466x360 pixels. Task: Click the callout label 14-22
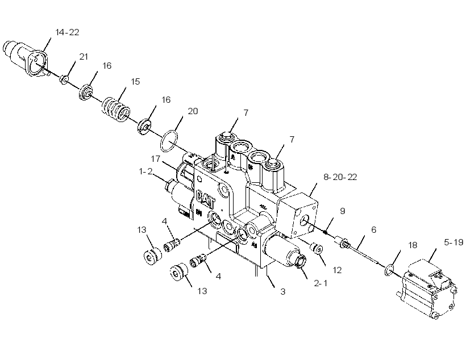click(68, 32)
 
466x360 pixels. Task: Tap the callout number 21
click(84, 56)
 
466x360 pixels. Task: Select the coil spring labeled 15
click(116, 110)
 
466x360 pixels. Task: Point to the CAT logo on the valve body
click(206, 199)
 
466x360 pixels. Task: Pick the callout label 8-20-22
click(340, 177)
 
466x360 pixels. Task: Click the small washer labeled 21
click(64, 79)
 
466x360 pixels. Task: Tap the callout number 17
click(156, 159)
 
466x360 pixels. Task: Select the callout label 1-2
click(145, 171)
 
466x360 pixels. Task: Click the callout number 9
click(342, 211)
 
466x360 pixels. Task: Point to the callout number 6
click(373, 229)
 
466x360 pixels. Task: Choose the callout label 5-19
click(453, 242)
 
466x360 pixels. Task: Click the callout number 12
click(338, 270)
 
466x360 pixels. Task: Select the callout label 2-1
click(321, 283)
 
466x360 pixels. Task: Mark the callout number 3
click(282, 292)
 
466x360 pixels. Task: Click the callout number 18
click(413, 245)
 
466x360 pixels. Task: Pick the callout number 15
click(135, 81)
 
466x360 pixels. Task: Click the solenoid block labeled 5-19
click(427, 287)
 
